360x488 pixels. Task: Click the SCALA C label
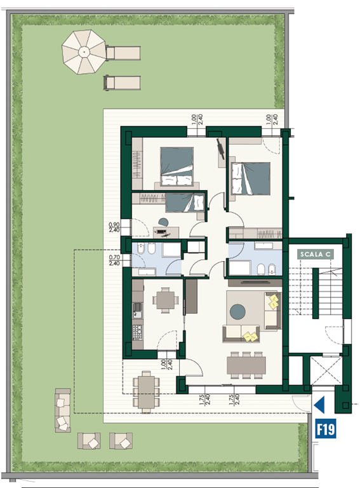coord(315,254)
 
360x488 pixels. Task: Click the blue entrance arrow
coord(319,405)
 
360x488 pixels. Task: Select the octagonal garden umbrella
coord(84,52)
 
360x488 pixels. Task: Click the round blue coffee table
coord(237,311)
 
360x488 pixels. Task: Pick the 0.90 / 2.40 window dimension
coord(114,227)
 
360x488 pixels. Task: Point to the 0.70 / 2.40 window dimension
coord(114,260)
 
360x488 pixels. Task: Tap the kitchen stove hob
coord(137,332)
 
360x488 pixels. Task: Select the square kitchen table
coord(165,300)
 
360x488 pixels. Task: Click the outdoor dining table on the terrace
coord(146,391)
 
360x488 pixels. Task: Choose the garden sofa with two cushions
coord(63,410)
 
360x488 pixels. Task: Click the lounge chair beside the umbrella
coord(123,53)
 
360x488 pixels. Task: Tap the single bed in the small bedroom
coord(185,202)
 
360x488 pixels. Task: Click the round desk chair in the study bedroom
coord(163,222)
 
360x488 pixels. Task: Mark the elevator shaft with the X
coord(326,370)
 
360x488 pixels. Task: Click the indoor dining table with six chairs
coord(246,365)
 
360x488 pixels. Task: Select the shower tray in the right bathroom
coord(239,268)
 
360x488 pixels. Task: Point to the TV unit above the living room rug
coord(255,283)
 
